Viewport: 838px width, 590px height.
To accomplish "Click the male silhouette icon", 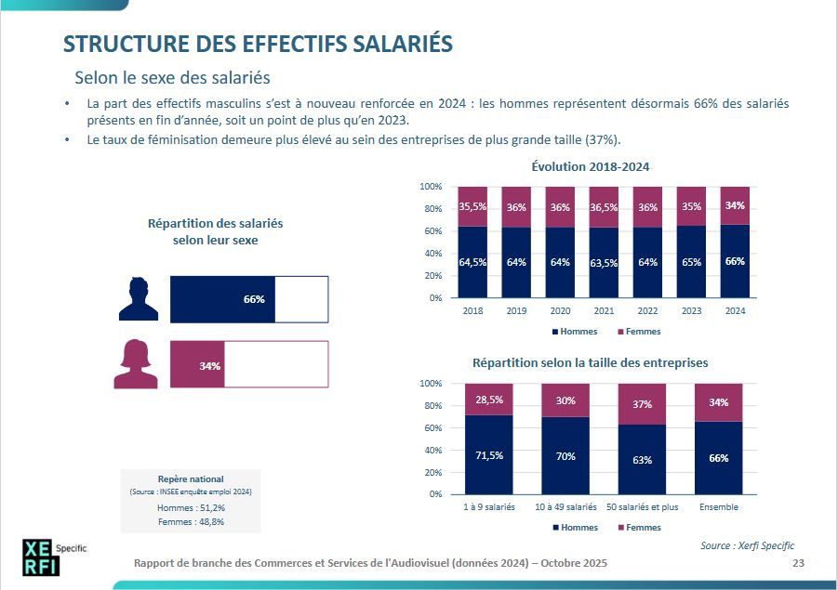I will tap(139, 299).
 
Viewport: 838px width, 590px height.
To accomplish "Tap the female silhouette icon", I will tap(136, 364).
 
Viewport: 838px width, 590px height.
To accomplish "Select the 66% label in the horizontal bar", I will tap(254, 299).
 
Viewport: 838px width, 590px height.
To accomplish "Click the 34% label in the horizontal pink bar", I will tap(209, 365).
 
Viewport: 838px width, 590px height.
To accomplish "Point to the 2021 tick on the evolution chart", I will tap(604, 311).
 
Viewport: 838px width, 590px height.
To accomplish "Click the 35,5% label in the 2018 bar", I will tap(472, 207).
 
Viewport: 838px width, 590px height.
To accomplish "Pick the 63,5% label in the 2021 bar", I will tap(604, 262).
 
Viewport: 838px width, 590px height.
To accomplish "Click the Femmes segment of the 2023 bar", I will tap(691, 206).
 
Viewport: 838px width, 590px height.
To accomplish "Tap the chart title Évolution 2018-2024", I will tap(590, 167).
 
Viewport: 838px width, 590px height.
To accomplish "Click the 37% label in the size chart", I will tap(642, 404).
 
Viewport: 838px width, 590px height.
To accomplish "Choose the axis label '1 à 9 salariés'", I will tap(489, 507).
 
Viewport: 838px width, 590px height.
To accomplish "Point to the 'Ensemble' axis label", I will tap(718, 507).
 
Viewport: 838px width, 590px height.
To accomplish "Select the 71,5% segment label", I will tap(489, 455).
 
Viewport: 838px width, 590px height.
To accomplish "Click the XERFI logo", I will tap(41, 557).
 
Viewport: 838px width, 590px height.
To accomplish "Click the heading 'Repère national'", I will tap(191, 479).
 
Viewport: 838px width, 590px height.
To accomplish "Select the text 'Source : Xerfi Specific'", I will tap(747, 545).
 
